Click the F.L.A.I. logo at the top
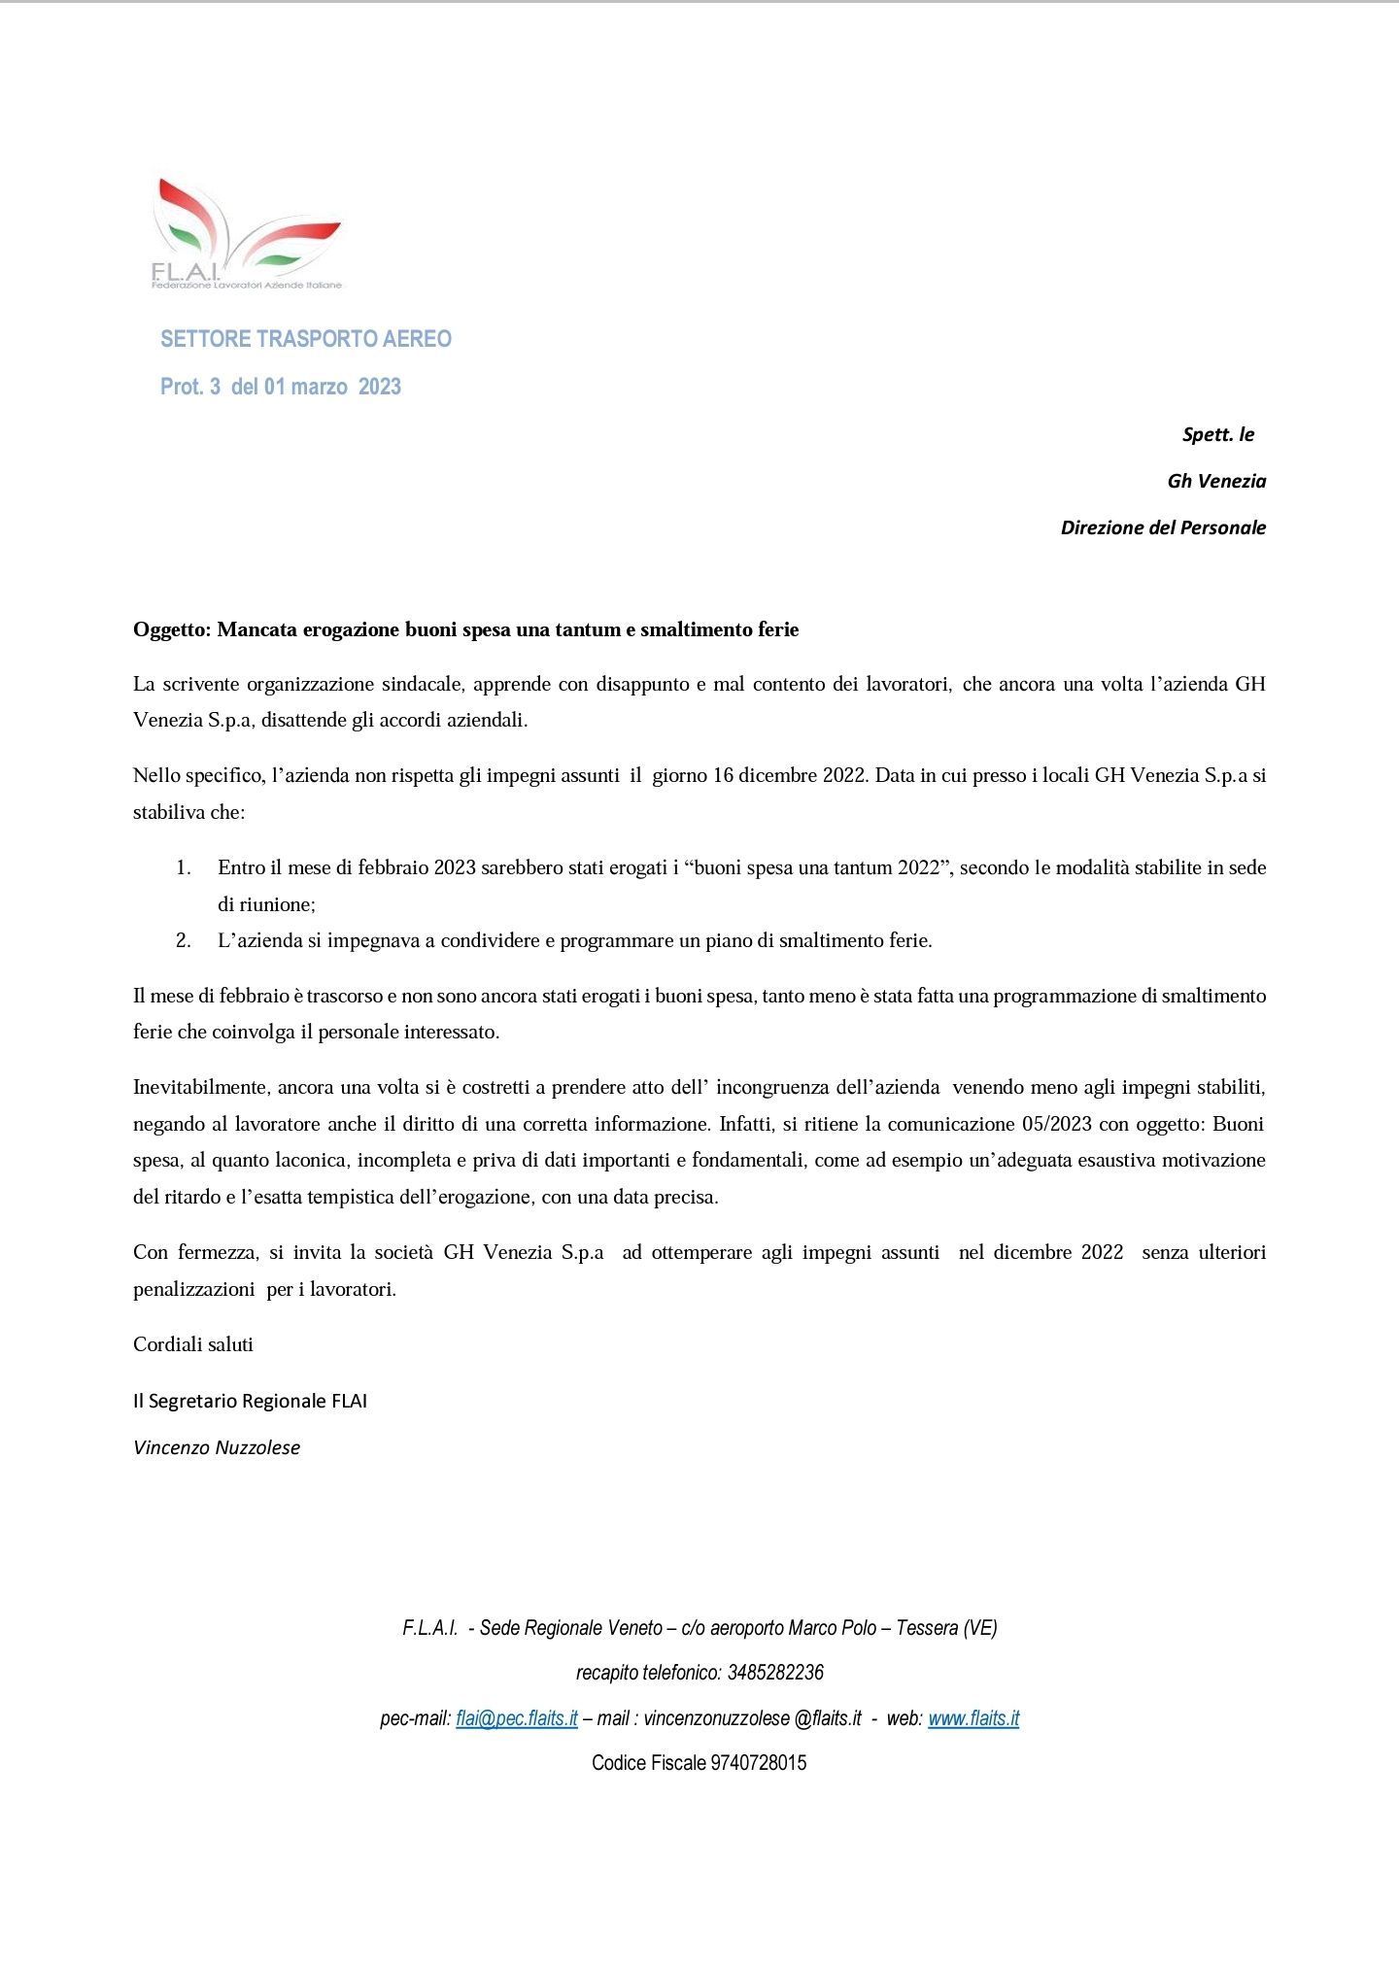247,234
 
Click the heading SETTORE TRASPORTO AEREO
306,339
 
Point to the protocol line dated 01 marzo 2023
281,387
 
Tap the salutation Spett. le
1217,434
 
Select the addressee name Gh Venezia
1216,481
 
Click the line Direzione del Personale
1163,527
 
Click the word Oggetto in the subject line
171,629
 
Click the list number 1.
183,867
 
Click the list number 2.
183,940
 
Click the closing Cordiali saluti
193,1344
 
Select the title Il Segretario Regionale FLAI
250,1401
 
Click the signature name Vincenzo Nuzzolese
217,1447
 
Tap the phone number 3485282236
775,1673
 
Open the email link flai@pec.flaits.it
517,1718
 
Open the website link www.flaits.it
973,1718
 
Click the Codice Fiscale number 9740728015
758,1763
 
